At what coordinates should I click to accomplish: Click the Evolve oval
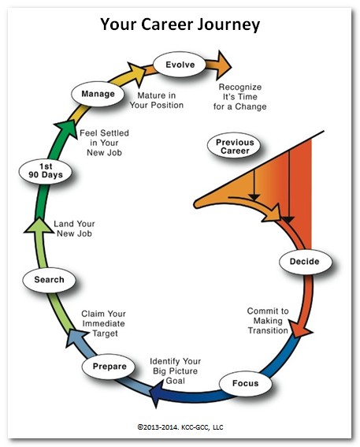point(180,65)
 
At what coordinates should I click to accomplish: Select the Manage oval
point(98,94)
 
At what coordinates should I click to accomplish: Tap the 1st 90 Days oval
point(45,171)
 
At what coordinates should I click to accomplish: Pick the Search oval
point(49,280)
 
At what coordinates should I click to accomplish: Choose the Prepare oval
point(109,367)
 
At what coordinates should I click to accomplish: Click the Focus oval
point(245,383)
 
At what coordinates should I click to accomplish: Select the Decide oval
point(306,262)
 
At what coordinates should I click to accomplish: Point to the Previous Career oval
point(234,146)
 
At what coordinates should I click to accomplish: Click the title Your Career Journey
point(180,24)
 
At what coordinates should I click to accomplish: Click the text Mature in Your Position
point(156,100)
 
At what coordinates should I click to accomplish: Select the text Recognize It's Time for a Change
point(239,97)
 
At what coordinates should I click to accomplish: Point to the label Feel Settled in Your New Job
point(104,143)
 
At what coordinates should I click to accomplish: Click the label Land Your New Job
point(74,229)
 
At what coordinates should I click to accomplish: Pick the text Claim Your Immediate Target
point(104,323)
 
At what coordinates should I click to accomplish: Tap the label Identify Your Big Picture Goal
point(176,371)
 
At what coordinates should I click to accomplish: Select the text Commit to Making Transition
point(268,321)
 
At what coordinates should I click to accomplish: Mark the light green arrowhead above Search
point(39,226)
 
